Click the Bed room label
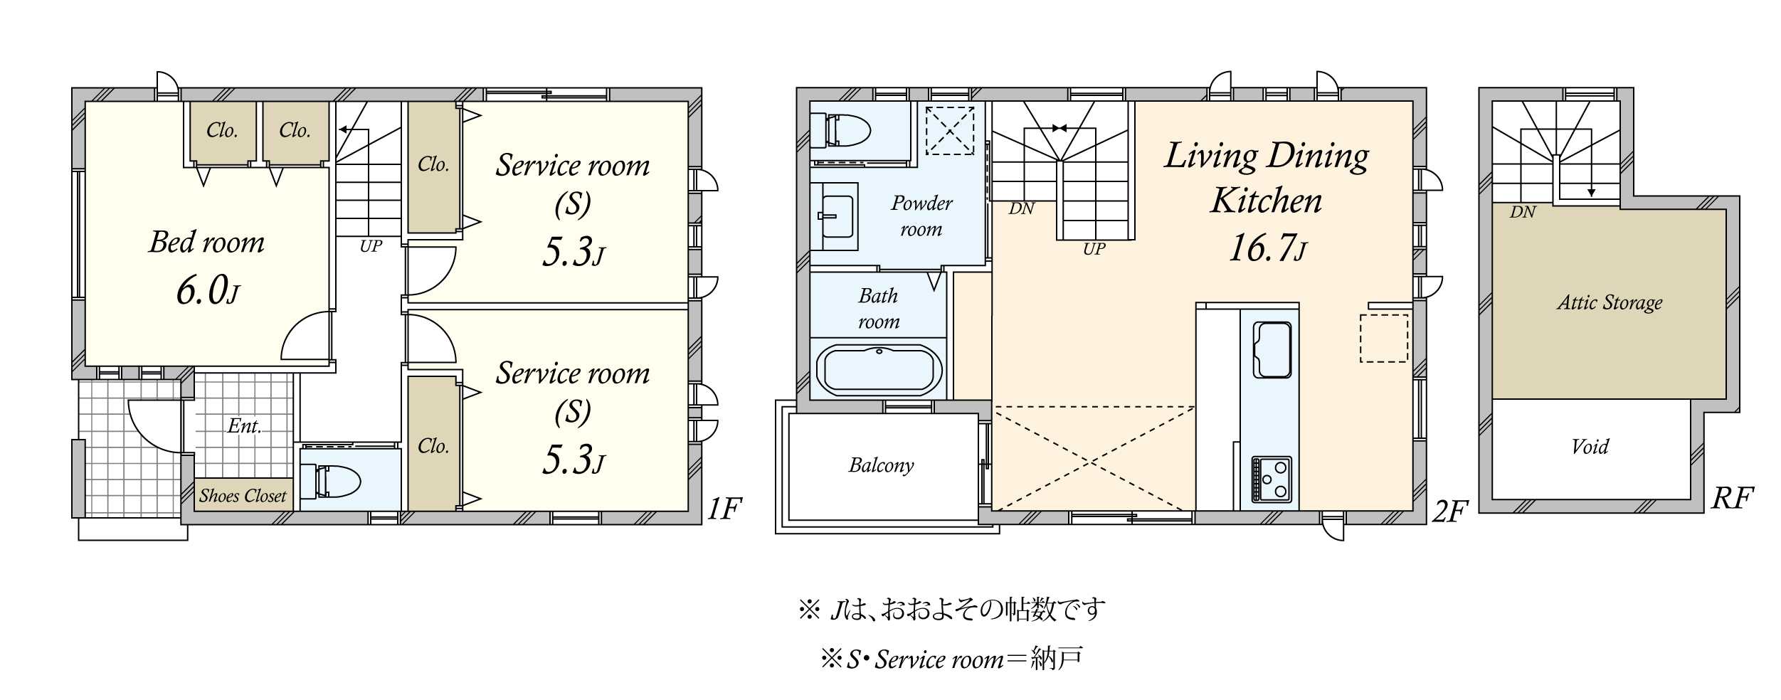[x=206, y=242]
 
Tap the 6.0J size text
[x=208, y=290]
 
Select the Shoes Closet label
[x=243, y=495]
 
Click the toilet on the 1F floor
[x=330, y=481]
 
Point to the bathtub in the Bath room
[x=879, y=369]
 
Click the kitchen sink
[x=1272, y=349]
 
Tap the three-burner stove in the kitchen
[x=1272, y=479]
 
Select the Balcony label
[x=881, y=465]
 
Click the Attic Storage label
[x=1610, y=302]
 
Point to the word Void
[x=1590, y=446]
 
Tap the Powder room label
[x=921, y=216]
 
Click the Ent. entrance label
[x=245, y=425]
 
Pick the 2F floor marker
[x=1449, y=511]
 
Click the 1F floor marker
[x=724, y=509]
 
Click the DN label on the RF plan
[x=1523, y=212]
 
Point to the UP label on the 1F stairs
[x=371, y=246]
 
